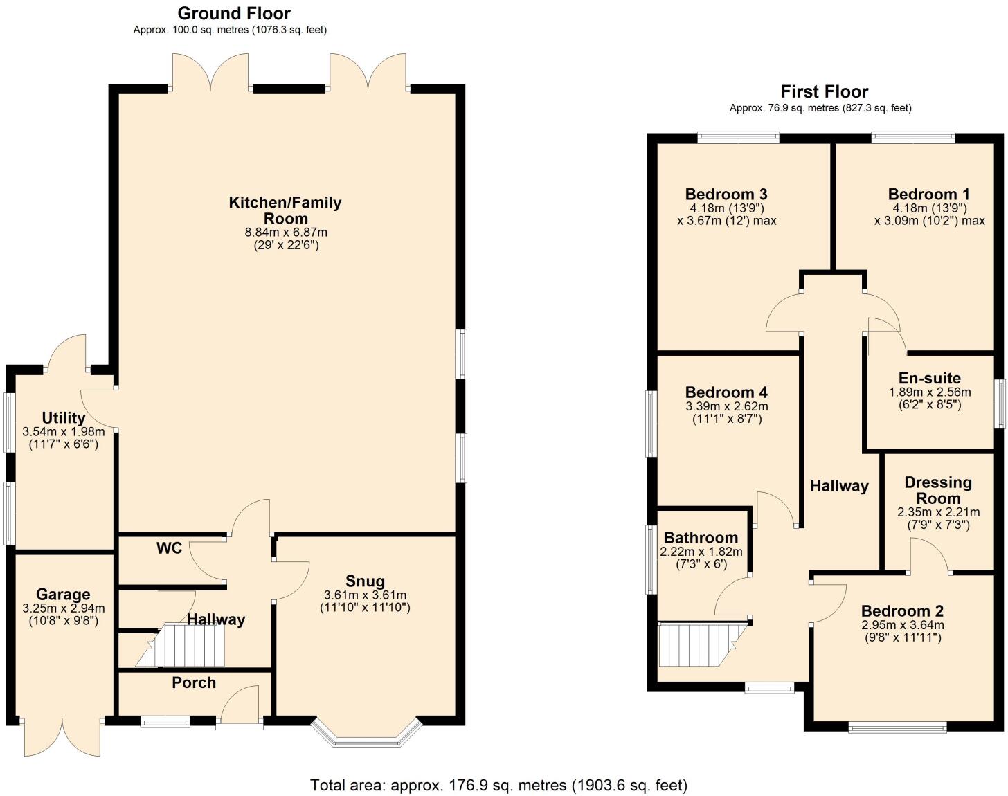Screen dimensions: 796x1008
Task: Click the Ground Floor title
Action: (x=234, y=13)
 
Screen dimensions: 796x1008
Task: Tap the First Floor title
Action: (x=824, y=91)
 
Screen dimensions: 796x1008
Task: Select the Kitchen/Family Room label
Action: (x=285, y=210)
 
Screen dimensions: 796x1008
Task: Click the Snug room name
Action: (x=365, y=581)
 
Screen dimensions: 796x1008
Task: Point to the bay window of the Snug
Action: (x=366, y=735)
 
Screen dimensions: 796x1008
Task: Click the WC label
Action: (x=169, y=548)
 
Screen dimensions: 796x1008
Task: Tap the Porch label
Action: (x=194, y=682)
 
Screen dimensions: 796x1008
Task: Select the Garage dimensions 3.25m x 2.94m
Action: (x=63, y=608)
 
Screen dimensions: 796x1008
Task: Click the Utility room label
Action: (x=64, y=417)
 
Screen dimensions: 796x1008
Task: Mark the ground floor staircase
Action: (x=183, y=646)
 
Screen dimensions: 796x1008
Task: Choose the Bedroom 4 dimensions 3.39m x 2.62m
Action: (x=726, y=406)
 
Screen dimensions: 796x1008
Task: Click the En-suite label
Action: (x=929, y=378)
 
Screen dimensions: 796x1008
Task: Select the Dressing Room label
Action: (x=938, y=490)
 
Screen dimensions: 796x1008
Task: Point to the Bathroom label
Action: (x=701, y=538)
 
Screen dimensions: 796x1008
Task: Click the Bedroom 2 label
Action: (x=902, y=611)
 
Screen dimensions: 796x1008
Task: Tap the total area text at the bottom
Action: (x=498, y=785)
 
